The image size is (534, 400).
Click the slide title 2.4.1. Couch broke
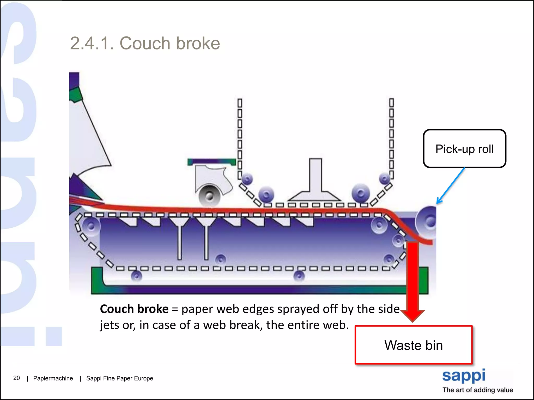point(145,43)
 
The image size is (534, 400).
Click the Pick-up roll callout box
point(464,149)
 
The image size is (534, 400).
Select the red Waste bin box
point(414,345)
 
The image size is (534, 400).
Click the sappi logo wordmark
point(464,376)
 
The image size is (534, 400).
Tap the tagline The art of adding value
point(478,390)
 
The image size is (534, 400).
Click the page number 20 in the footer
point(16,378)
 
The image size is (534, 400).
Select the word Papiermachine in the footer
point(53,378)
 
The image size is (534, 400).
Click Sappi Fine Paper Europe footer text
point(119,378)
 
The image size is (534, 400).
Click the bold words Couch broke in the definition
point(134,309)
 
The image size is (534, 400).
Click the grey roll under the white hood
point(209,196)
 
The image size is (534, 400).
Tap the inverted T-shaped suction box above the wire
point(315,182)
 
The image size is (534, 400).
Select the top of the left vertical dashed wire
point(240,102)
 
